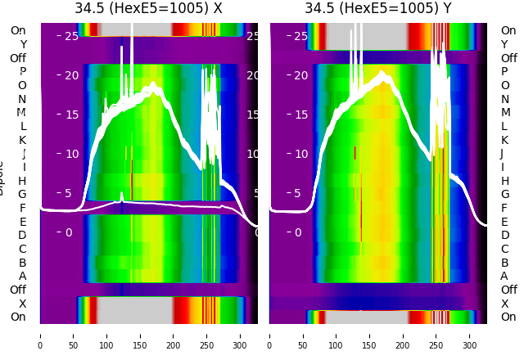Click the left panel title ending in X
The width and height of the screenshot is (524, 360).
pyautogui.click(x=148, y=9)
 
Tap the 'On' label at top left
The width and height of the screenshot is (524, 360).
pyautogui.click(x=17, y=31)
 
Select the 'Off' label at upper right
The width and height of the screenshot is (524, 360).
pyautogui.click(x=508, y=58)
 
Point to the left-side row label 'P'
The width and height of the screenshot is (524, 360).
pyautogui.click(x=22, y=72)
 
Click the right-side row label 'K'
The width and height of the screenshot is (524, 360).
pyautogui.click(x=504, y=140)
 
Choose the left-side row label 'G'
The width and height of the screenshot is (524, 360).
pyautogui.click(x=22, y=195)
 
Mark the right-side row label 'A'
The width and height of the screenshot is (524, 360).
pyautogui.click(x=504, y=277)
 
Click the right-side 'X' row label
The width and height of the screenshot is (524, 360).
pyautogui.click(x=504, y=304)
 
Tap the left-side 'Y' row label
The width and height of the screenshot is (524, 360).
pyautogui.click(x=23, y=45)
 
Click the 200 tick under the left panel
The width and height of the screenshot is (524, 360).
pyautogui.click(x=174, y=335)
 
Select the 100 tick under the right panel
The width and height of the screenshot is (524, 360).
pyautogui.click(x=337, y=335)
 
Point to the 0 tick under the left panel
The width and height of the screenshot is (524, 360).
pyautogui.click(x=40, y=335)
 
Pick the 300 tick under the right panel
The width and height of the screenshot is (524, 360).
pyautogui.click(x=470, y=335)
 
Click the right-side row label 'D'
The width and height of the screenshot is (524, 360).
pyautogui.click(x=504, y=236)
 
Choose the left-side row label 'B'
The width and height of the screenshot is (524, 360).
pyautogui.click(x=22, y=263)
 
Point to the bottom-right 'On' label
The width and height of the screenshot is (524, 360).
pyautogui.click(x=508, y=317)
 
